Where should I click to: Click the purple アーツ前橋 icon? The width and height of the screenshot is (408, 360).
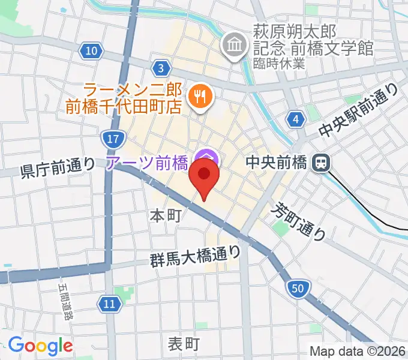pos(206,160)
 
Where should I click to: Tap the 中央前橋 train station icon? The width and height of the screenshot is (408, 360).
pos(321,162)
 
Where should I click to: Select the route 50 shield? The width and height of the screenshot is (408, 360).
pos(298,289)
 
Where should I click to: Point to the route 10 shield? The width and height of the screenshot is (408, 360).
pos(91,51)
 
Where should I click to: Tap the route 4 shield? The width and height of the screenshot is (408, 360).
pos(295,120)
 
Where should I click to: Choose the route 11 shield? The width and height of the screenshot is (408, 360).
pos(108,304)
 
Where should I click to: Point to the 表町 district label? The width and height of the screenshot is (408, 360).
pos(183,344)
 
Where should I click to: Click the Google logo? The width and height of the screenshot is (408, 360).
pos(40,346)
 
